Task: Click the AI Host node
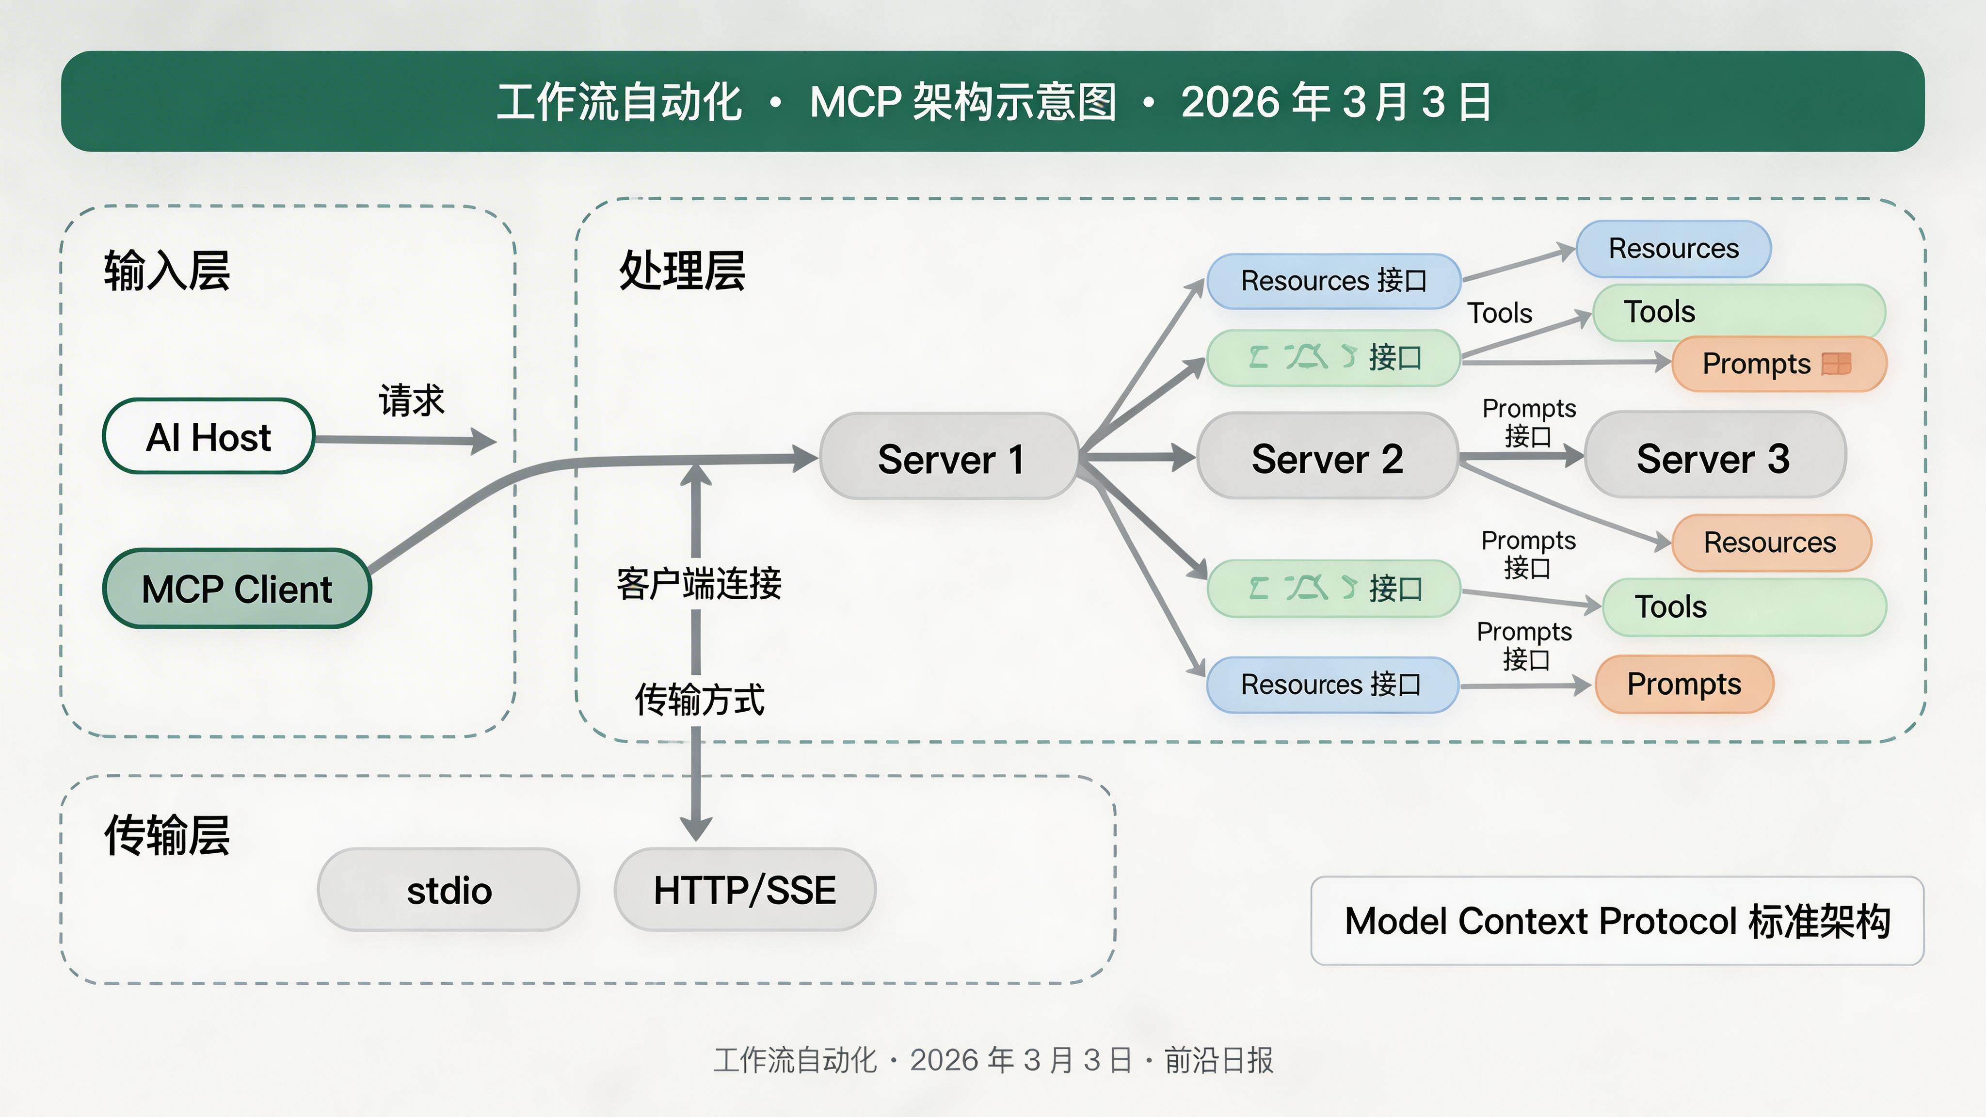click(208, 436)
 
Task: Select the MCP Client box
click(237, 589)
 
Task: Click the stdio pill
click(448, 891)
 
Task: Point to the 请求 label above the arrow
click(411, 399)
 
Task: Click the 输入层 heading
click(166, 271)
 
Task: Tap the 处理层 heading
click(682, 271)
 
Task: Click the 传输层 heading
click(166, 835)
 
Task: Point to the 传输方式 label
click(699, 699)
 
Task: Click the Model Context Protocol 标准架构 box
click(1617, 921)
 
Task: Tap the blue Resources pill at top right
click(1673, 248)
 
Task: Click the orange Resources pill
click(1770, 542)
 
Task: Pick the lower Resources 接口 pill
click(1331, 684)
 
